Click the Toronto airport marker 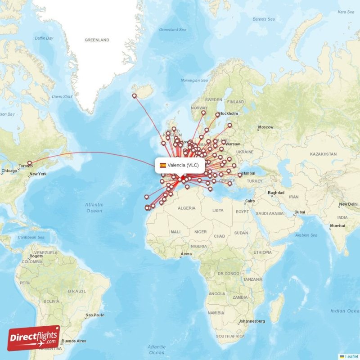(x=30, y=163)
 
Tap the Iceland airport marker (x=134, y=95)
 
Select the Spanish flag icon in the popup (x=162, y=165)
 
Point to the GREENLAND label (x=97, y=40)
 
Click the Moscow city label (x=265, y=127)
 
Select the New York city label (x=38, y=174)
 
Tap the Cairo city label (x=249, y=201)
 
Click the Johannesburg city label (x=252, y=321)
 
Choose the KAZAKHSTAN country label (x=323, y=154)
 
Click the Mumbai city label (x=337, y=225)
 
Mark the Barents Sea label (x=264, y=19)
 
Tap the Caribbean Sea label (x=31, y=237)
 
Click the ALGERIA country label (x=186, y=208)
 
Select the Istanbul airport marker (x=240, y=175)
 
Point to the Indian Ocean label (x=344, y=311)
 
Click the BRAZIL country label (x=77, y=291)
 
